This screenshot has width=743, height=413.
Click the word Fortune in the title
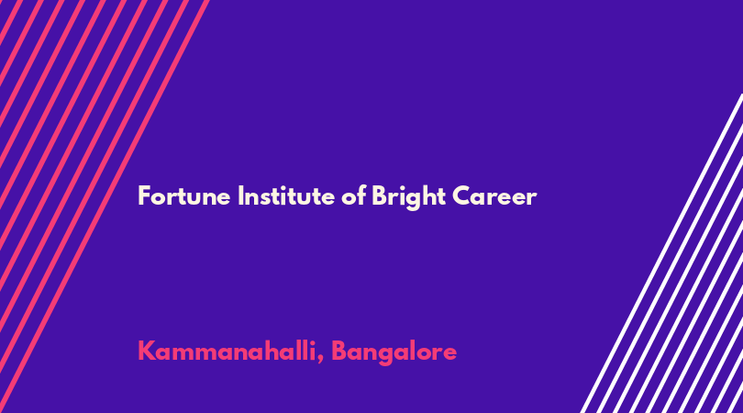tap(184, 195)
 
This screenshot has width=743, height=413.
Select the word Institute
tap(286, 195)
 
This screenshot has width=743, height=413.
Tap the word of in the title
tap(353, 195)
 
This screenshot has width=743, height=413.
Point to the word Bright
tap(408, 197)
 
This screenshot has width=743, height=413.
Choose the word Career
tap(494, 196)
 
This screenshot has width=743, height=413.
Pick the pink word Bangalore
tap(394, 352)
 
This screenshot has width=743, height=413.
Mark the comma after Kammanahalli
tap(321, 359)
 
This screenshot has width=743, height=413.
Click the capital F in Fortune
tap(144, 196)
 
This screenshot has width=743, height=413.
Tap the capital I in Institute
tap(240, 196)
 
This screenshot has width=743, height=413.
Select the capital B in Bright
tap(380, 196)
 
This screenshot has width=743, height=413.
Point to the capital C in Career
tap(461, 196)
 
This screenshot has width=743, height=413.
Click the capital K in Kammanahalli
tap(146, 352)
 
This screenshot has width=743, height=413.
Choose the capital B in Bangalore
tap(338, 352)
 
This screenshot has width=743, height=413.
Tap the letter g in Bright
tap(413, 201)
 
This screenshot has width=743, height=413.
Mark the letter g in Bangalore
tap(386, 356)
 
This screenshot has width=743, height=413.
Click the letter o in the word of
tap(349, 198)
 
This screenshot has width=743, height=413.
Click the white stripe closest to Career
tap(661, 253)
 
